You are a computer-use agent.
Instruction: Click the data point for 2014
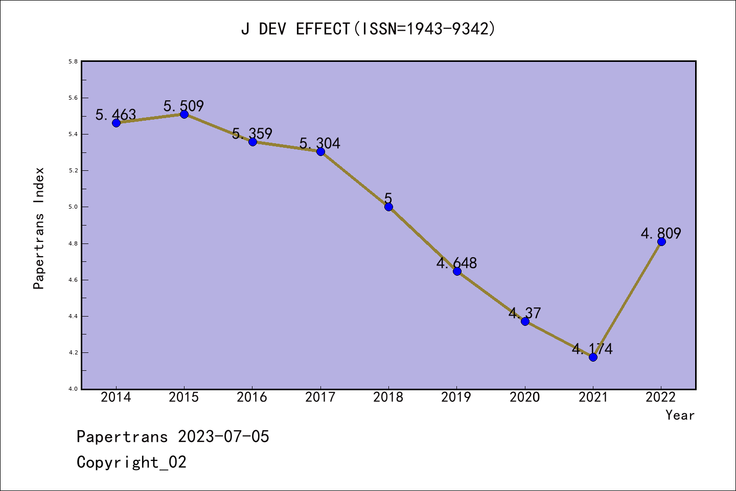(x=116, y=123)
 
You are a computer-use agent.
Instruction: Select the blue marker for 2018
(x=388, y=207)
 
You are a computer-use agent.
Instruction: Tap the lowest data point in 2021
(x=593, y=357)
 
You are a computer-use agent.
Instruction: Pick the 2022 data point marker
(x=661, y=241)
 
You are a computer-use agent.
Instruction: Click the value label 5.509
(x=183, y=106)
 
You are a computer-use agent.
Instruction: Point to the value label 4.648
(x=456, y=263)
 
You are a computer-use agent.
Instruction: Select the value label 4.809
(x=661, y=233)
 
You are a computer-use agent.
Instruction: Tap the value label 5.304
(x=319, y=143)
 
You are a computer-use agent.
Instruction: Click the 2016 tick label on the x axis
(x=252, y=397)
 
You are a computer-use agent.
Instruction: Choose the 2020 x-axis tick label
(x=525, y=397)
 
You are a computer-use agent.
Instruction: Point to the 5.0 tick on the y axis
(x=73, y=207)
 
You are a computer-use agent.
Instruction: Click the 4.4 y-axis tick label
(x=73, y=317)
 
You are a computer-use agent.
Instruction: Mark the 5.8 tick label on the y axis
(x=73, y=62)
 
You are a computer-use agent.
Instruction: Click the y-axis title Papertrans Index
(x=39, y=228)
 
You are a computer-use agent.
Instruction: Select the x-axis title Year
(x=680, y=415)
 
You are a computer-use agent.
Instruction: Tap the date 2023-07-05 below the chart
(x=223, y=437)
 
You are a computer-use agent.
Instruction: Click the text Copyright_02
(x=131, y=462)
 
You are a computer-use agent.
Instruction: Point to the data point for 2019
(x=457, y=271)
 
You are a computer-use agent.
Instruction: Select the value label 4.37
(x=524, y=313)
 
